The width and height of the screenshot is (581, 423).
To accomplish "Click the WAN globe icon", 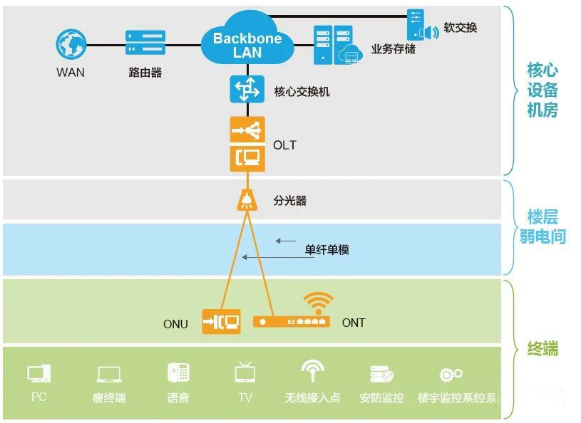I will click(x=71, y=43).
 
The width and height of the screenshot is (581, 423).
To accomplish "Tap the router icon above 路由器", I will click(x=145, y=43).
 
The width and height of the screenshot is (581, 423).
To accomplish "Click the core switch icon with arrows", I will click(x=247, y=90).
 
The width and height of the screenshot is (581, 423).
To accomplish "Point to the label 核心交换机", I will click(x=302, y=93).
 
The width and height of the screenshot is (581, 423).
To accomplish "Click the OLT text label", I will click(x=284, y=145).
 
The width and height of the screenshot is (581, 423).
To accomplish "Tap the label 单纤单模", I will click(x=327, y=250).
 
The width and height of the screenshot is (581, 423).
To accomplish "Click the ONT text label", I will click(x=354, y=323).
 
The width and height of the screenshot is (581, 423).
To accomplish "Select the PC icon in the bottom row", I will click(x=38, y=374).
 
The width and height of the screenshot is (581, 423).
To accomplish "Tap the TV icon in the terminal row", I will click(x=245, y=372).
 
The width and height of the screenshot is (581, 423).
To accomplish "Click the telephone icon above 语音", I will click(x=178, y=373).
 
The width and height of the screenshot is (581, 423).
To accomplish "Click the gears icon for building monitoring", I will click(x=451, y=375).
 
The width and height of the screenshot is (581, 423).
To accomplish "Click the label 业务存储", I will click(x=393, y=50).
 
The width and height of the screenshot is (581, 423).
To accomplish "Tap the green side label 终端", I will click(x=543, y=349).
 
